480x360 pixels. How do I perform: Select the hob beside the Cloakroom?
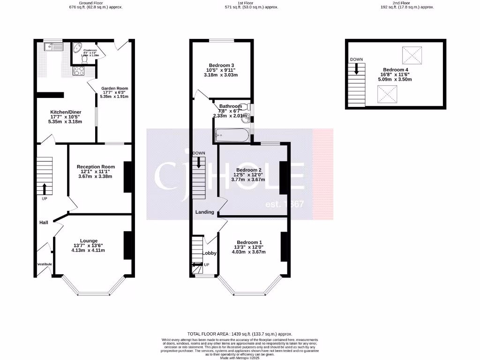tap(78, 71)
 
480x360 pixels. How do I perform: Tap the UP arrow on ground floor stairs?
tap(45, 189)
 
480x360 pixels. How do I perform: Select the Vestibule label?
tap(45, 264)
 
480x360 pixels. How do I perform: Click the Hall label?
tap(44, 222)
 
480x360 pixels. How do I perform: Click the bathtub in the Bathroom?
tap(232, 135)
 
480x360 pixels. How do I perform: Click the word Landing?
tap(204, 212)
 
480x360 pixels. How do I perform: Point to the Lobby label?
tap(210, 253)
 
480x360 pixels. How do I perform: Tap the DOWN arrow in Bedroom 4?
tap(357, 69)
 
